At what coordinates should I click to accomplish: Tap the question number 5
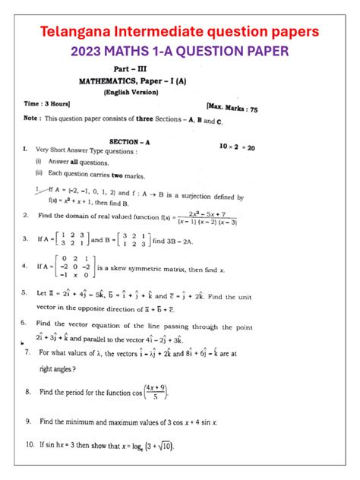[x=26, y=292]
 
